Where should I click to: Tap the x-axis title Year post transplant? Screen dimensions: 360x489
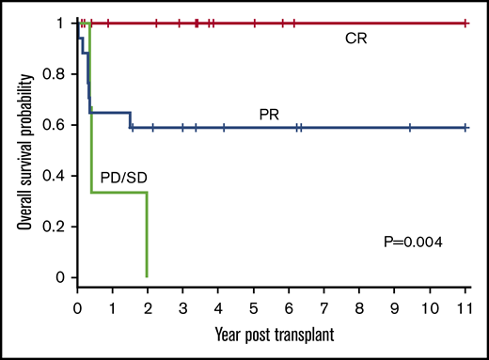tap(272, 334)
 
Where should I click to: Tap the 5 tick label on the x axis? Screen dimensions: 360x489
tap(254, 307)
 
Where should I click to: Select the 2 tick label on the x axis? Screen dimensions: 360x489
tap(148, 307)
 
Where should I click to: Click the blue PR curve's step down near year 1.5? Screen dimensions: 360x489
tap(131, 120)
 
